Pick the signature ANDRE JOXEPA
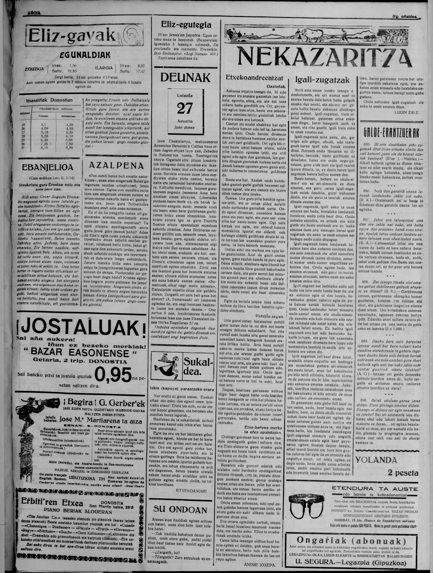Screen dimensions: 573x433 [260, 565]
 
